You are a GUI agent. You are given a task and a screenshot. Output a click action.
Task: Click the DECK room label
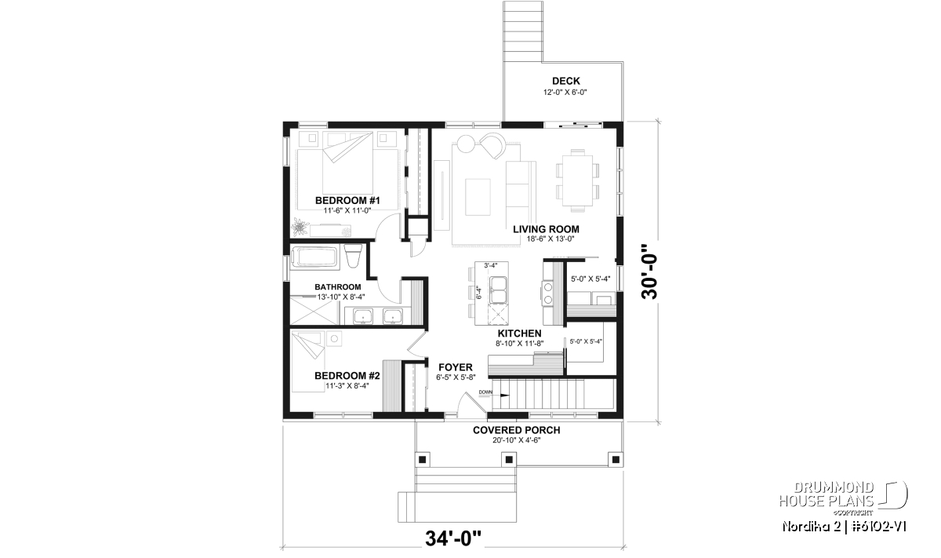[x=566, y=81]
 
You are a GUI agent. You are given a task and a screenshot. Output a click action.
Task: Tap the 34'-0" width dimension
[x=453, y=538]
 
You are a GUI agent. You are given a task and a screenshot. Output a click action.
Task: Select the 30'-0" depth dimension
[x=649, y=272]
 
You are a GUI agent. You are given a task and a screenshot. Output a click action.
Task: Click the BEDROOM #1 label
[x=347, y=200]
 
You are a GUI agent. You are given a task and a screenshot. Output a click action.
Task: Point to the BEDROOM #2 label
[x=347, y=375]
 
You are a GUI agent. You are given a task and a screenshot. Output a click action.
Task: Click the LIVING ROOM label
[x=546, y=229]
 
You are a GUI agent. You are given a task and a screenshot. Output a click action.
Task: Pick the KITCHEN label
[x=520, y=334]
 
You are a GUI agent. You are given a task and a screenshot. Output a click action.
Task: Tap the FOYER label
[x=456, y=367]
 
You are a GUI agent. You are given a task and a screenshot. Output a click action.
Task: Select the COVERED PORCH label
[x=516, y=430]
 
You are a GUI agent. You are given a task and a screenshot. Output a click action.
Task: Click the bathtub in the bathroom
[x=314, y=257]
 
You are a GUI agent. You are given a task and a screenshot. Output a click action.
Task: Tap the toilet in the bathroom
[x=353, y=256]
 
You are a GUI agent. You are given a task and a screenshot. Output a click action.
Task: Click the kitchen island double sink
[x=498, y=290]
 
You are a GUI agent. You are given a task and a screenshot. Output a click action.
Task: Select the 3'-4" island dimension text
[x=491, y=265]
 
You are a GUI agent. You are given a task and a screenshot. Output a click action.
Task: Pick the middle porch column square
[x=509, y=459]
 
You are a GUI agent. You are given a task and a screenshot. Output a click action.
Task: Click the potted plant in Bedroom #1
[x=299, y=226]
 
